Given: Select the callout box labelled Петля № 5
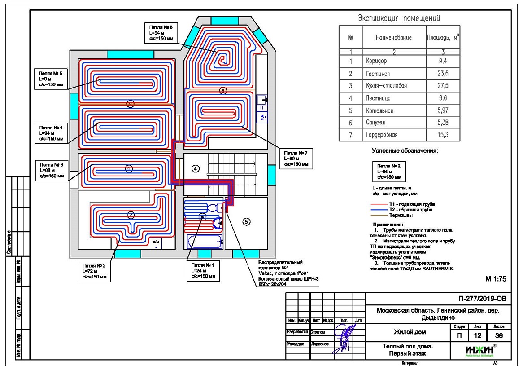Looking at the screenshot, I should [51, 79].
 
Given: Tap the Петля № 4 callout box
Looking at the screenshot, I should [51, 133].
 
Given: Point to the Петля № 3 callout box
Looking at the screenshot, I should [51, 170].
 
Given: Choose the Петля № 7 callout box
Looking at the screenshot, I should [296, 159].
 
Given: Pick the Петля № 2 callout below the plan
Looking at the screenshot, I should [94, 271].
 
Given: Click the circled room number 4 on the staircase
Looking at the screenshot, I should [195, 168].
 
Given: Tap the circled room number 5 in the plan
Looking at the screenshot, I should [246, 221].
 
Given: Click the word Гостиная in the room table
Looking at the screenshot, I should [376, 74].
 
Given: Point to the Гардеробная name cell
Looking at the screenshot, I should [380, 135].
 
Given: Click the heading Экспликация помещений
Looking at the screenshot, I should [399, 18].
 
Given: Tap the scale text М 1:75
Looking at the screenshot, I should [496, 279].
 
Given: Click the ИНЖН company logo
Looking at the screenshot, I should [479, 351].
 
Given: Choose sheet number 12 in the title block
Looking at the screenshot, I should [477, 335].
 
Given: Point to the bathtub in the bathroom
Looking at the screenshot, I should [204, 242].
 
